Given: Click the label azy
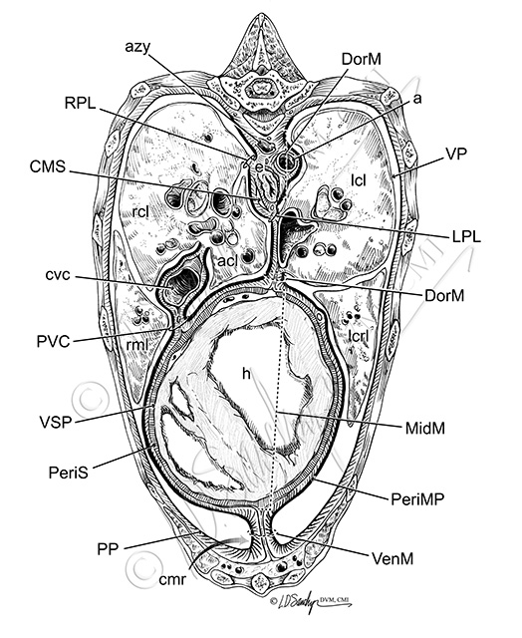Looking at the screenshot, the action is pyautogui.click(x=137, y=48).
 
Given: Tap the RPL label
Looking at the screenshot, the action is pyautogui.click(x=80, y=104).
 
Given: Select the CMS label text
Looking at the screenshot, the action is pyautogui.click(x=47, y=166).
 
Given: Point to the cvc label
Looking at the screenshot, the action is pyautogui.click(x=58, y=275).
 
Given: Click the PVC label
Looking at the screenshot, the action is pyautogui.click(x=53, y=341).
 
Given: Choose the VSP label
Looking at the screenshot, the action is pyautogui.click(x=56, y=422).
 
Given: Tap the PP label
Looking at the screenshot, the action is pyautogui.click(x=108, y=549).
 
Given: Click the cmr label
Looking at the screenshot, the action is pyautogui.click(x=172, y=579).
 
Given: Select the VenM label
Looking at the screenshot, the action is pyautogui.click(x=392, y=558).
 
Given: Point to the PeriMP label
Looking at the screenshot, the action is pyautogui.click(x=417, y=498).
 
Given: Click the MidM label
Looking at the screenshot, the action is pyautogui.click(x=424, y=428).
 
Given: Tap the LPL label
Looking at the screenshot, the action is pyautogui.click(x=466, y=236).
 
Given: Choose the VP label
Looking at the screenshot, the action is pyautogui.click(x=456, y=154).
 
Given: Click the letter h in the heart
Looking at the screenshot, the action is pyautogui.click(x=246, y=373).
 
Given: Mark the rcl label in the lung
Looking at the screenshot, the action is pyautogui.click(x=140, y=211).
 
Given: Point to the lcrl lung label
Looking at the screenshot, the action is pyautogui.click(x=359, y=335).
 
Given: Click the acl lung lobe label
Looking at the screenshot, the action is pyautogui.click(x=227, y=261).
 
